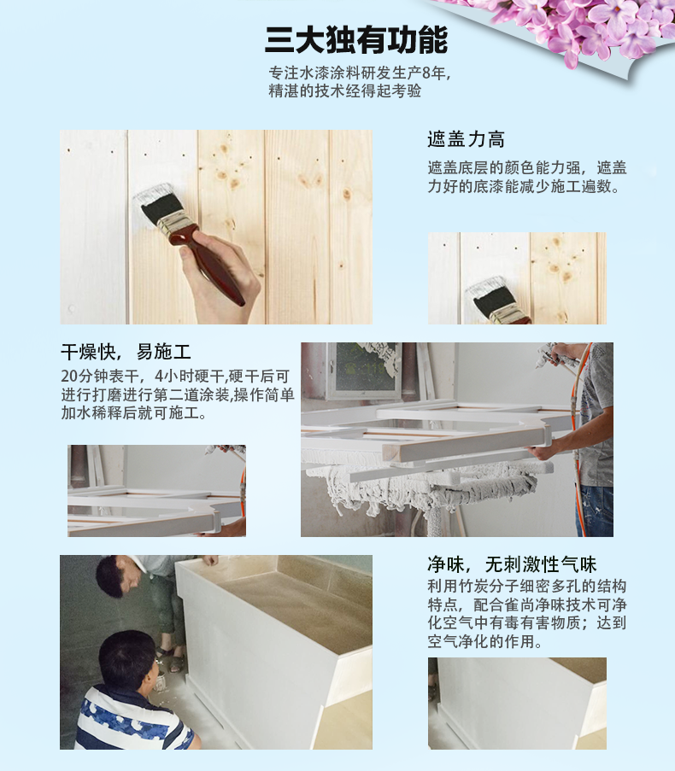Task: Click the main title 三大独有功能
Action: [355, 40]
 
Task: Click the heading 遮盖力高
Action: [466, 139]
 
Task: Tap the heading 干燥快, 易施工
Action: [126, 352]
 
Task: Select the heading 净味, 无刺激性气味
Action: [512, 564]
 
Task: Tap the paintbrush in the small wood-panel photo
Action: [498, 303]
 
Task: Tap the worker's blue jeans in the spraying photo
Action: [596, 511]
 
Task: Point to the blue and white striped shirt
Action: [132, 719]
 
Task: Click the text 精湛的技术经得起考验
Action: [345, 91]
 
